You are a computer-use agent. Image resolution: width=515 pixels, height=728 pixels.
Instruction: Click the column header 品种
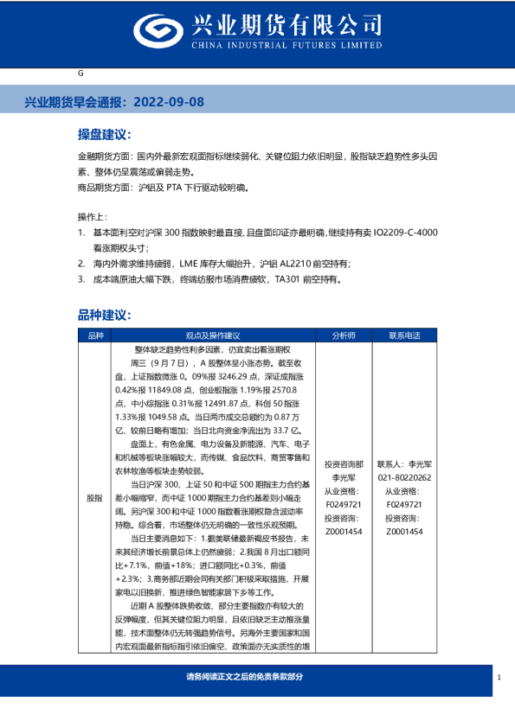94,335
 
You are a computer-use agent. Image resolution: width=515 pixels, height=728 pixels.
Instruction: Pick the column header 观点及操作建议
213,335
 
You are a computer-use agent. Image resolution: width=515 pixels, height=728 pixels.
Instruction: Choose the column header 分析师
344,335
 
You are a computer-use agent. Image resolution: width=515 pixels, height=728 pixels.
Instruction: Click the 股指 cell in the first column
94,498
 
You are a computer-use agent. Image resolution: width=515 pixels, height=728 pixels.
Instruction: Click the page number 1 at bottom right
499,678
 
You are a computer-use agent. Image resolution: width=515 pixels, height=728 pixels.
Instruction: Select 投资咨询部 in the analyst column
344,463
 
